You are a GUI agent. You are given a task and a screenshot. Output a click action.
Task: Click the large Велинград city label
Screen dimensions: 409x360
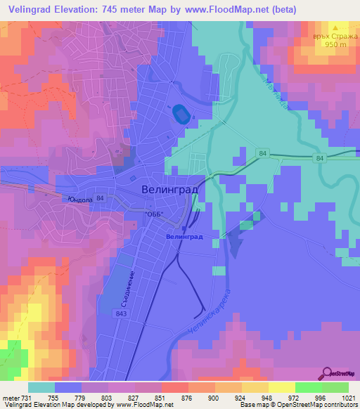point(169,190)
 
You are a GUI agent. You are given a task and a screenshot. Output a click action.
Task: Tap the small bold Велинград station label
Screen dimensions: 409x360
point(184,237)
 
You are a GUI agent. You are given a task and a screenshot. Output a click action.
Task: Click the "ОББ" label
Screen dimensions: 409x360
point(154,214)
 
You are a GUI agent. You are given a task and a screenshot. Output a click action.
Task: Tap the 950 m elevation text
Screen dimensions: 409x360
point(335,44)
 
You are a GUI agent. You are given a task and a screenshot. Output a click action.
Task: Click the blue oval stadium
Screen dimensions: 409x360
point(180,112)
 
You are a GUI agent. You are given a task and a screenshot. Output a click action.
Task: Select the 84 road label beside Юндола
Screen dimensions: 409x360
point(101,199)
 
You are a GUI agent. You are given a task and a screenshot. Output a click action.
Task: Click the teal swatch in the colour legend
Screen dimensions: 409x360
point(41,387)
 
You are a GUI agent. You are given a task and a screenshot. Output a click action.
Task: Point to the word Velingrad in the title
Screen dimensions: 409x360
point(31,9)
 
